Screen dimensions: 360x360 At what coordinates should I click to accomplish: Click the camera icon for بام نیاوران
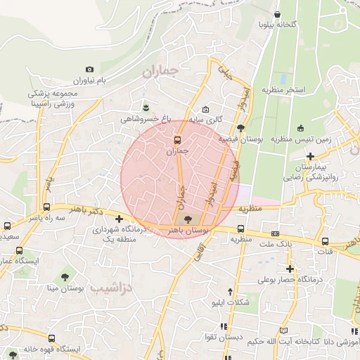89,69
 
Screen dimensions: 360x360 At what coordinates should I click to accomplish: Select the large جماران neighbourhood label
160,72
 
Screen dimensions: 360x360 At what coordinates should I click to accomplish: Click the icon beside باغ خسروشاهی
146,107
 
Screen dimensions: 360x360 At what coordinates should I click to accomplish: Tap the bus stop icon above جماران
178,139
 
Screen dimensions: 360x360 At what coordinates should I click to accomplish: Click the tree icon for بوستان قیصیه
241,128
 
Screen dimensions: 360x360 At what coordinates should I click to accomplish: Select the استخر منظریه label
283,90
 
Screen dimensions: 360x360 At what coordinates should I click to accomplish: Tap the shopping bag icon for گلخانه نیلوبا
278,14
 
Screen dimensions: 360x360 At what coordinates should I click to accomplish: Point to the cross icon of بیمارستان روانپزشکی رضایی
309,156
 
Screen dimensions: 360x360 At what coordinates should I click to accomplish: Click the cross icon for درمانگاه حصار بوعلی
290,269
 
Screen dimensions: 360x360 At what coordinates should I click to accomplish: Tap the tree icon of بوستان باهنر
186,219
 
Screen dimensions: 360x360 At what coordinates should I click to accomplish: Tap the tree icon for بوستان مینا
65,277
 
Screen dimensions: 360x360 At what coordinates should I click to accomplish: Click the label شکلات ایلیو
231,302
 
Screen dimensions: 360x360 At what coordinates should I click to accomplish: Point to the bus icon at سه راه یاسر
46,207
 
